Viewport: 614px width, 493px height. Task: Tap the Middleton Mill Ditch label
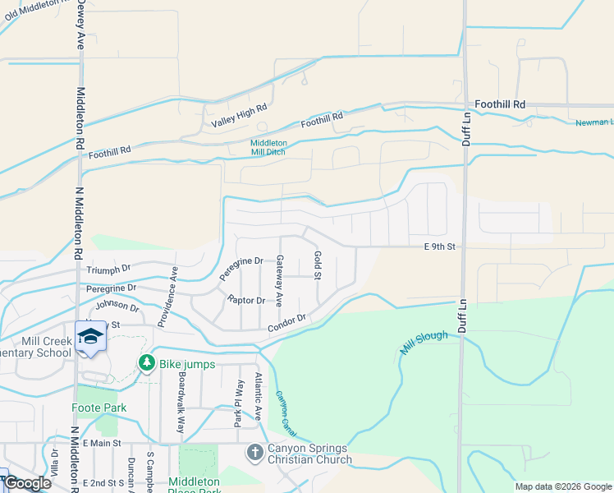[x=280, y=147]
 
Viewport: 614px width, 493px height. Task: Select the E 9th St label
[x=439, y=246]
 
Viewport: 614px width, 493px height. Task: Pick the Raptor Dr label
[x=246, y=300]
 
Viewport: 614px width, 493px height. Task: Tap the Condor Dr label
[x=286, y=323]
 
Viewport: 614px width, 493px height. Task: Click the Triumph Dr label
[x=109, y=269]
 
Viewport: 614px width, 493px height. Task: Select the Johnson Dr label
[x=117, y=306]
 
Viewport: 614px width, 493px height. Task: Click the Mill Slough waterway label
[x=424, y=343]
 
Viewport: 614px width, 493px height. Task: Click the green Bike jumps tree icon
[x=147, y=362]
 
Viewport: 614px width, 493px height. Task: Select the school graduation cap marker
[x=90, y=336]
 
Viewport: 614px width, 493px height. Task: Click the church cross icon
[x=254, y=452]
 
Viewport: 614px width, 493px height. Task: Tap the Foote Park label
[x=99, y=408]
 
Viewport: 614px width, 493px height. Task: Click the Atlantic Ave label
[x=258, y=397]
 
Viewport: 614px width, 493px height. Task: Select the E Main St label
[x=102, y=443]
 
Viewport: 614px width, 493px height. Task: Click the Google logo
[x=27, y=483]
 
